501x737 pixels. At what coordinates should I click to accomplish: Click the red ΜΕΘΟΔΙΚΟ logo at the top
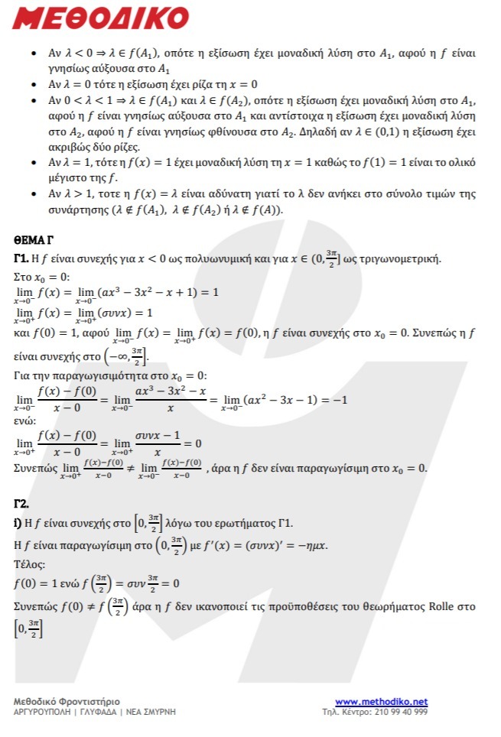(100, 18)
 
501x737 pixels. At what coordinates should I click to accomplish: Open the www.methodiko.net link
(381, 702)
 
